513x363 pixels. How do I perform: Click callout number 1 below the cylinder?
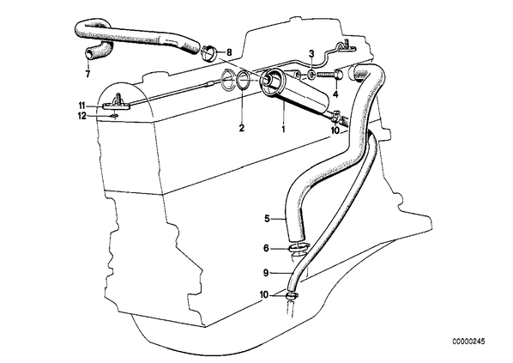[283, 129]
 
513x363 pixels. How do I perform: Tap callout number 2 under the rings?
[241, 128]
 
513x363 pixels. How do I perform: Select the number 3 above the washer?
[311, 54]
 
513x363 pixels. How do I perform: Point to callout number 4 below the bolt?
[335, 95]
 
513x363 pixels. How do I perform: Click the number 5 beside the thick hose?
[267, 219]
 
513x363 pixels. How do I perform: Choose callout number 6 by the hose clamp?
[266, 249]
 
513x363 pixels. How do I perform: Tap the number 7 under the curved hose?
[88, 75]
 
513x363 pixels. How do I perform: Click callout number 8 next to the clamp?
[229, 52]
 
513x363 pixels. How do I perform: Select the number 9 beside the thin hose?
[266, 272]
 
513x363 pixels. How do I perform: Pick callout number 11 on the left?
[81, 106]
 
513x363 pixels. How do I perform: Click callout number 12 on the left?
[82, 116]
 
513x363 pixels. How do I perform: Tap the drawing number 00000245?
[468, 342]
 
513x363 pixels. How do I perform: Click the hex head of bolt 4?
[339, 75]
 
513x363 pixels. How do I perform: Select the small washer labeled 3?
[311, 76]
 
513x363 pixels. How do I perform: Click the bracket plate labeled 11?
[117, 106]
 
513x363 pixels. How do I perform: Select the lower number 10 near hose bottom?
[264, 295]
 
